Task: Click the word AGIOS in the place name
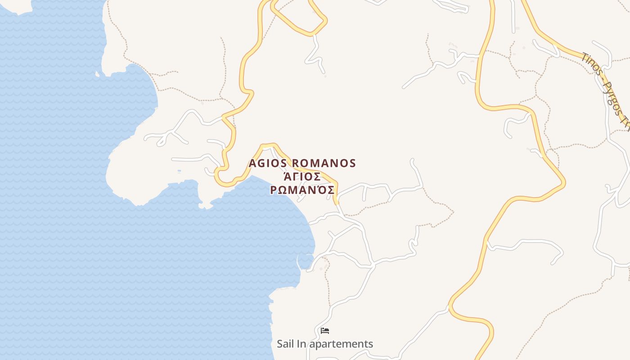point(269,163)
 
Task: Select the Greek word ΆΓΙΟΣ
point(302,176)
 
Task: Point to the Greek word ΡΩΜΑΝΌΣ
point(302,190)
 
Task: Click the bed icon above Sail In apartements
point(325,331)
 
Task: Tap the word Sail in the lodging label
point(285,344)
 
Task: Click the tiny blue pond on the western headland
point(179,171)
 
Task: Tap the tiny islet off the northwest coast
point(97,74)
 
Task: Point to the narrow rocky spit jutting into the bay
point(203,198)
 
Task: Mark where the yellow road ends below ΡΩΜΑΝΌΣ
point(336,203)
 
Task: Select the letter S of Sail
point(279,344)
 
